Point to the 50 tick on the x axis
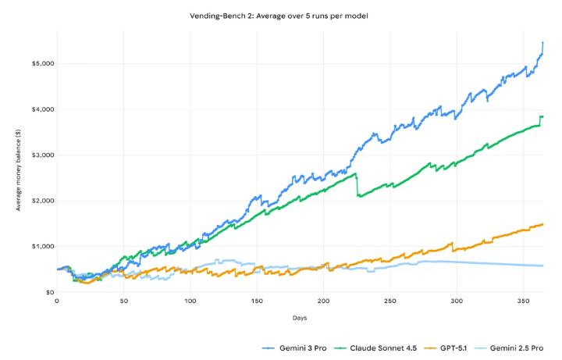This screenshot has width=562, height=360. pyautogui.click(x=123, y=301)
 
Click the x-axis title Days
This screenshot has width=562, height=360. pyautogui.click(x=300, y=319)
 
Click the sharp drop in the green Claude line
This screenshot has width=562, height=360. pyautogui.click(x=357, y=185)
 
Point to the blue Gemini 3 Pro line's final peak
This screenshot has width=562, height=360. pyautogui.click(x=542, y=42)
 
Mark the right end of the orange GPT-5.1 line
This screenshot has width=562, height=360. pyautogui.click(x=542, y=224)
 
